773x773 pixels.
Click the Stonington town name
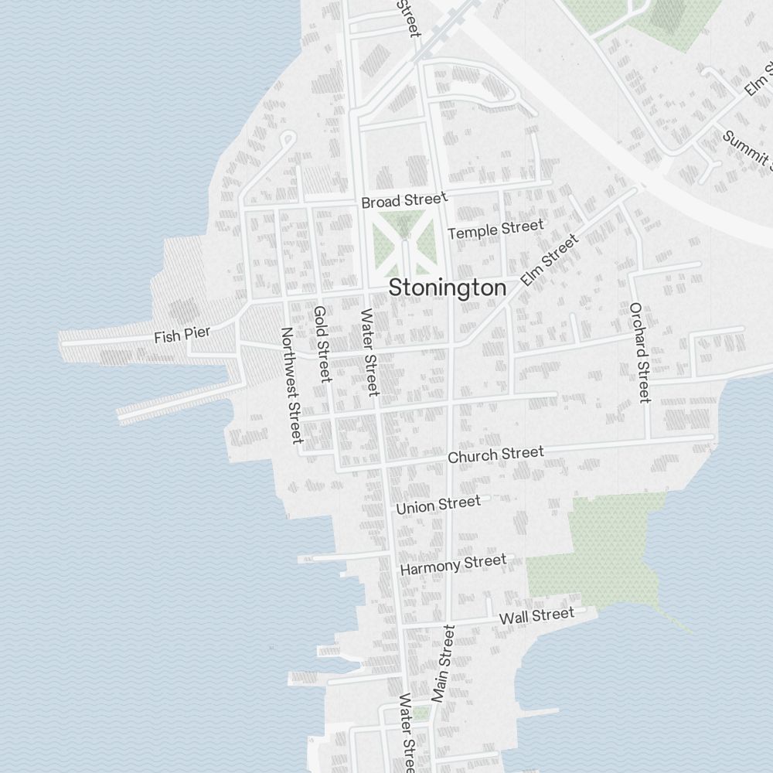[448, 288]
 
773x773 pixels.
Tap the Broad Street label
[404, 201]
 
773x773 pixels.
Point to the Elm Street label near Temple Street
[550, 261]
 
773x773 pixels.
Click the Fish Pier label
[182, 335]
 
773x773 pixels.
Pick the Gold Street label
[322, 344]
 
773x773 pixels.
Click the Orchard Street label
[639, 352]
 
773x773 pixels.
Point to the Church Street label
[495, 455]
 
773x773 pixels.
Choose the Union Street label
[438, 506]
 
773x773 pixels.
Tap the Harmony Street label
[453, 564]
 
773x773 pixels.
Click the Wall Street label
[536, 616]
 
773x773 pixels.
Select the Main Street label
[444, 665]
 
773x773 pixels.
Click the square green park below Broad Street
[403, 243]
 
